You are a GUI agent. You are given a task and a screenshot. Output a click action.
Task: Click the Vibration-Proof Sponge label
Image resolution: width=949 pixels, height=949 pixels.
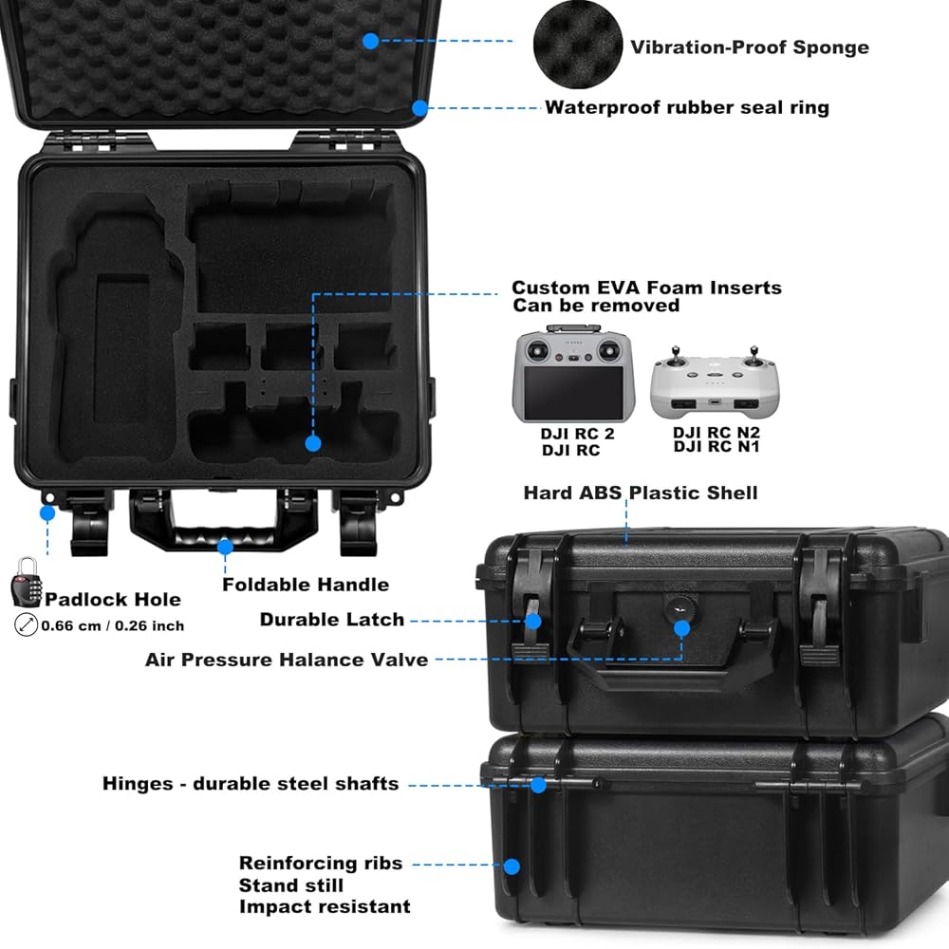749,47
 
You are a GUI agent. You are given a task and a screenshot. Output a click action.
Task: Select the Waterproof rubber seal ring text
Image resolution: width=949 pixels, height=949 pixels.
686,107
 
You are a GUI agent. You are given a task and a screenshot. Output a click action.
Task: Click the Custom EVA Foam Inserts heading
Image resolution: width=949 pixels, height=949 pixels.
646,288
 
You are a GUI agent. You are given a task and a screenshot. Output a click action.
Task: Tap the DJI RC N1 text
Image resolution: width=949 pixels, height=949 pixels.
716,447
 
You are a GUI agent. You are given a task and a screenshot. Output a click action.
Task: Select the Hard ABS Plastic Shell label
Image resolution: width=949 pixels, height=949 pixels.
641,493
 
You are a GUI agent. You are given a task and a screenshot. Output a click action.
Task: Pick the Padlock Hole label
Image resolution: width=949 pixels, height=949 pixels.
113,600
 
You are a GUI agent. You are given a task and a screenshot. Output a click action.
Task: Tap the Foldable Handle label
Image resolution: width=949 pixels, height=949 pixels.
306,585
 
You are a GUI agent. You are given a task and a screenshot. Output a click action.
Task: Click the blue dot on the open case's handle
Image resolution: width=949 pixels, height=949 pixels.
225,546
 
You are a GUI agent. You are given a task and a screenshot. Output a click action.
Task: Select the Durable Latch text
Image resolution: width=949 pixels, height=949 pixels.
332,620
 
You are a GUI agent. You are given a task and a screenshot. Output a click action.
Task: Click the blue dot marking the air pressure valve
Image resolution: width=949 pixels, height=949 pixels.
680,626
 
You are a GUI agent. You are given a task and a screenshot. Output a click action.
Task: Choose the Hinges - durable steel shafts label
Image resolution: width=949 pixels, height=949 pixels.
251,784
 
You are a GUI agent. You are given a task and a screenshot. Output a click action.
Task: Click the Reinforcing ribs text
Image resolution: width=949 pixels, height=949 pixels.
321,864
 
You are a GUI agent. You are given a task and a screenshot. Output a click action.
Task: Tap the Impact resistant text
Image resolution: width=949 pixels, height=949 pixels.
325,907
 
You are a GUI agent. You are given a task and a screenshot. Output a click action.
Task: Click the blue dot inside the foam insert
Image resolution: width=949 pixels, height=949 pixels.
312,443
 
